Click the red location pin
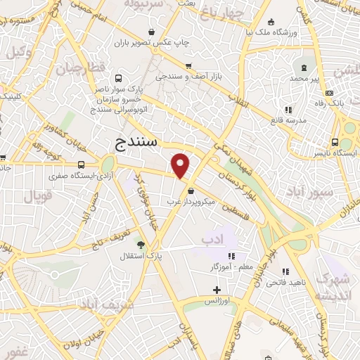click(x=181, y=166)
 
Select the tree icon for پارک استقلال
click(x=141, y=245)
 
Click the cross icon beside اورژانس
click(x=217, y=290)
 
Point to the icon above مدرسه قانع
click(x=288, y=110)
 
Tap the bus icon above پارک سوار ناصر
click(x=118, y=79)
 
